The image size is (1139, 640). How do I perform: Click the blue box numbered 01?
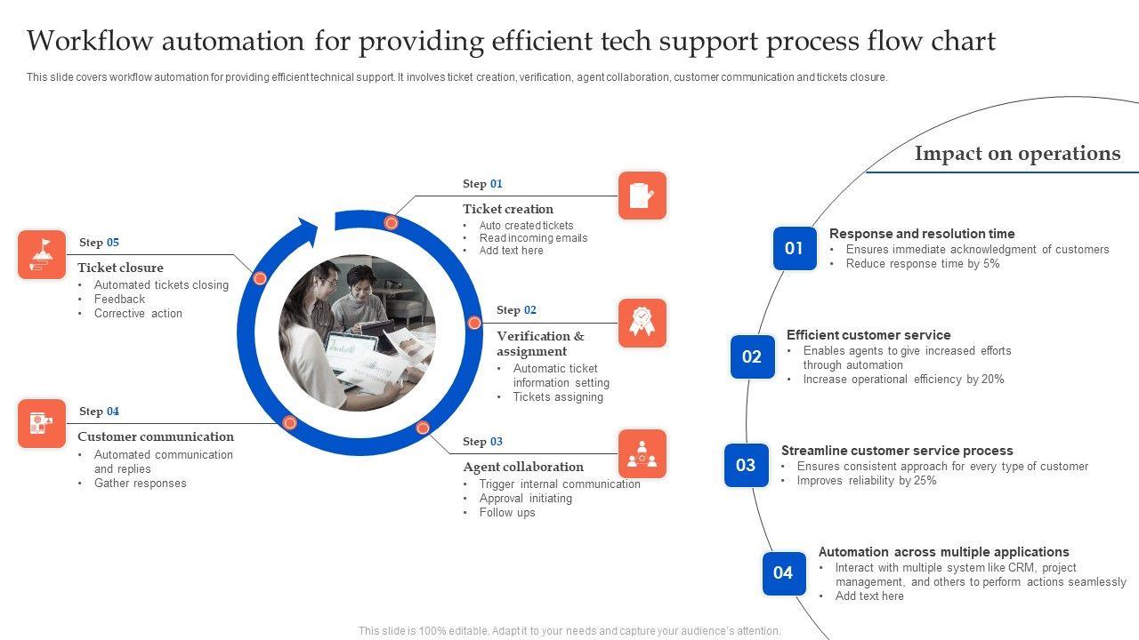click(795, 248)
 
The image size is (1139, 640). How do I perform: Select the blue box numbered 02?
click(752, 356)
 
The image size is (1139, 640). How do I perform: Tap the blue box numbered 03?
click(746, 465)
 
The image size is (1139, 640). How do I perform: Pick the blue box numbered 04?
click(783, 573)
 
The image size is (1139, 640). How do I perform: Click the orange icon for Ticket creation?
click(642, 196)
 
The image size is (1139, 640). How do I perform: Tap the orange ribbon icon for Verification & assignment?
click(642, 323)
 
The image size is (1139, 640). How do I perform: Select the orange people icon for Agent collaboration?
click(642, 453)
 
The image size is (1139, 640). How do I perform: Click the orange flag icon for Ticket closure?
click(42, 254)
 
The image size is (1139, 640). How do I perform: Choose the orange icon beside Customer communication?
click(42, 423)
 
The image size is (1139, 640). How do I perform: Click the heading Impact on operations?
click(1017, 154)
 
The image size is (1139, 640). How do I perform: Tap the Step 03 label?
click(482, 442)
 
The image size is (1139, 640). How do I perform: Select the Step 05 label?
click(99, 243)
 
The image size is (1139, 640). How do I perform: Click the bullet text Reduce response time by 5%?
click(923, 264)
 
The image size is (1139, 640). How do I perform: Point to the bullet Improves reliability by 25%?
click(867, 481)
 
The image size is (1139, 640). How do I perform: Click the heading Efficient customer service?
click(868, 335)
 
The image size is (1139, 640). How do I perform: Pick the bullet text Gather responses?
click(141, 484)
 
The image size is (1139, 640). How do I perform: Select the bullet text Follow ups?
click(507, 513)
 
